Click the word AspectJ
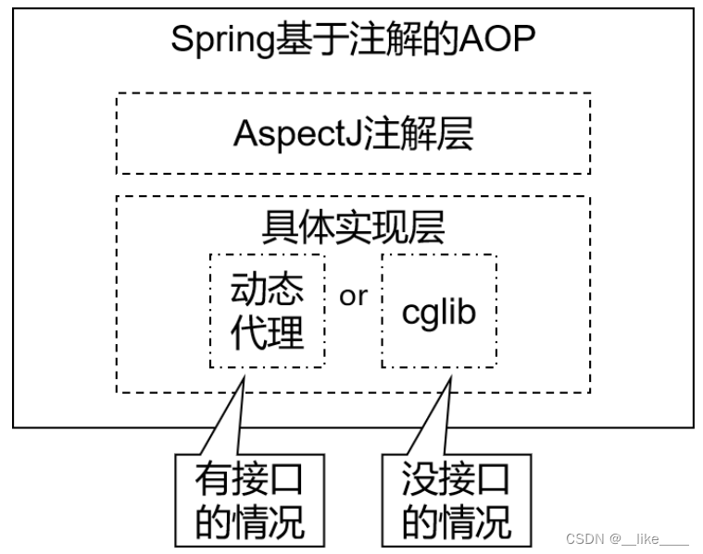tap(297, 134)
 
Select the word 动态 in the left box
tap(268, 290)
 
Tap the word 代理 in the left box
tap(268, 333)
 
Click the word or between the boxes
tap(353, 296)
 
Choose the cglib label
tap(439, 312)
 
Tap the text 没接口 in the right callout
tap(457, 479)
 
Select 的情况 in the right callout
tap(457, 522)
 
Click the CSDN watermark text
tap(584, 539)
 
